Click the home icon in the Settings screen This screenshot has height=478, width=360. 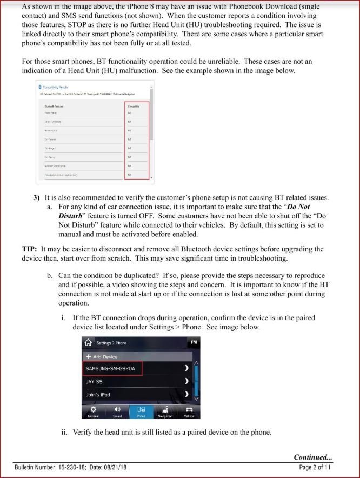(x=88, y=343)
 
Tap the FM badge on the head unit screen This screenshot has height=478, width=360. (x=192, y=342)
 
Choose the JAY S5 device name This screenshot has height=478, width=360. (x=95, y=381)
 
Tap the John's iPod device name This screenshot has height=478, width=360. (x=98, y=395)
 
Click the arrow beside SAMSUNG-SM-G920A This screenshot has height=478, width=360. (x=186, y=368)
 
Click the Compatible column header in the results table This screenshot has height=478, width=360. (x=133, y=107)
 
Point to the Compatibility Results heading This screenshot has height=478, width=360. (x=55, y=87)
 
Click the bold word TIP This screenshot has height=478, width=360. (x=30, y=249)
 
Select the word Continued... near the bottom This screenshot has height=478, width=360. (x=312, y=457)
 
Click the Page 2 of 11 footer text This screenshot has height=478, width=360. (x=315, y=467)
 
